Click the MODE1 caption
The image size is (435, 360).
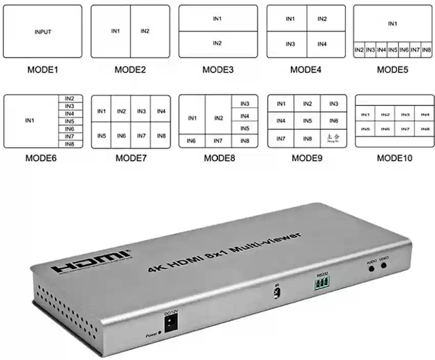tap(43, 70)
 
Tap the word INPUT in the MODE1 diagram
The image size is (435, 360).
tap(43, 32)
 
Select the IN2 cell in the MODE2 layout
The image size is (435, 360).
tap(145, 31)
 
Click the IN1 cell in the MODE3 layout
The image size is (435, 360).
tap(217, 18)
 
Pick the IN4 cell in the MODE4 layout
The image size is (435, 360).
tap(322, 44)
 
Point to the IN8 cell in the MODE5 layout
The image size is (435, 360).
tap(426, 50)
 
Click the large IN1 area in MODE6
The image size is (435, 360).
tap(30, 121)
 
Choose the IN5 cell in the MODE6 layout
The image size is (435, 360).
tap(70, 121)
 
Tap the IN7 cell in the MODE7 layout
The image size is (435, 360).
tap(141, 136)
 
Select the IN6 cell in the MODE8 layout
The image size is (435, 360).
tap(191, 140)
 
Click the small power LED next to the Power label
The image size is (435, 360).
tap(160, 333)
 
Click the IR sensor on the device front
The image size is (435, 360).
tap(276, 293)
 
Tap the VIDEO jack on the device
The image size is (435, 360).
tap(383, 265)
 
